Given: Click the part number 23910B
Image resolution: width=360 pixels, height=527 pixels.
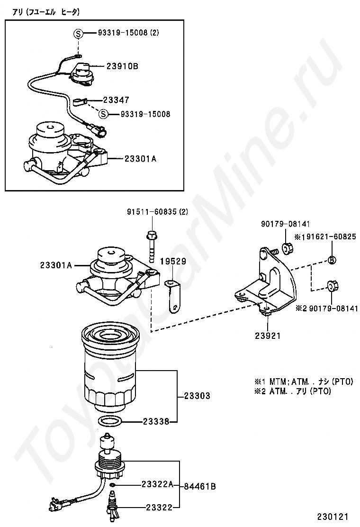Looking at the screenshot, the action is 122,66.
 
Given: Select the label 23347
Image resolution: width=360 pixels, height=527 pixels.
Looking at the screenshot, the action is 116,100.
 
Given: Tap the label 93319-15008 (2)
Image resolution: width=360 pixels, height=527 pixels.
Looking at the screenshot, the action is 128,33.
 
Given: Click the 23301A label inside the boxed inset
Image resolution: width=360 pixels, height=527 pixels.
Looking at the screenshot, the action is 140,159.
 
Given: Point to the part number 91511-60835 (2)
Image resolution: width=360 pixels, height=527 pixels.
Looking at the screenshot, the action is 157,212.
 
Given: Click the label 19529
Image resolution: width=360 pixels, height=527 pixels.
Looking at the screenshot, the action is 173,261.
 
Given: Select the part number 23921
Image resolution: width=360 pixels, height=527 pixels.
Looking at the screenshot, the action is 268,335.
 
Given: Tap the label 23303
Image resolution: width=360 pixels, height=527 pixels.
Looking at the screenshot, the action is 197,396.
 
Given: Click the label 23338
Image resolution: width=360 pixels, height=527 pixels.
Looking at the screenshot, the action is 156,421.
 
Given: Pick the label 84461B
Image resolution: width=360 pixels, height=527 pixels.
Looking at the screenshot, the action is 200,486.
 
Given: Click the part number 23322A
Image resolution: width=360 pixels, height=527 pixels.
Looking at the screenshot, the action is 157,484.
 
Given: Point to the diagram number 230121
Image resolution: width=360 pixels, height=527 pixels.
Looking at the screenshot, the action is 333,516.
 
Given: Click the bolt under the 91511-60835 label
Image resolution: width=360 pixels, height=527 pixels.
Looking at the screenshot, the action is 152,246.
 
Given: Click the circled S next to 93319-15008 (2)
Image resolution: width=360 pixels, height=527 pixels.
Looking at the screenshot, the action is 78,33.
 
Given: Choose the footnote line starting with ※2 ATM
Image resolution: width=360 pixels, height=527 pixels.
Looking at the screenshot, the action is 293,391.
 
